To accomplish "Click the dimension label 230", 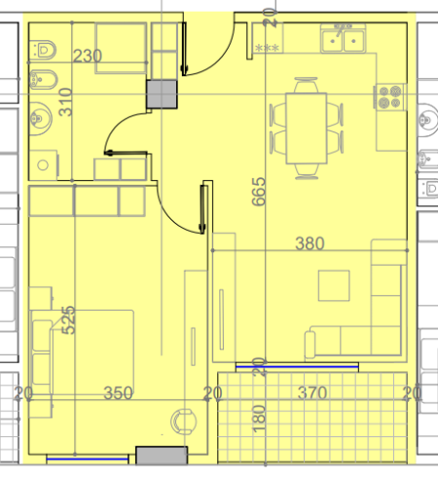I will [x=88, y=56].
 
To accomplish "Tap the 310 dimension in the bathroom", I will [x=65, y=101].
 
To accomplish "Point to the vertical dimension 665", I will [x=258, y=194].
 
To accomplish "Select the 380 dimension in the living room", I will [x=310, y=242].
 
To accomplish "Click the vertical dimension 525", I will [x=69, y=320].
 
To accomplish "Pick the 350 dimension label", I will [x=118, y=393].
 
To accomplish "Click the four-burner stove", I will [x=390, y=96].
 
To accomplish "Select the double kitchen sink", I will [x=344, y=39].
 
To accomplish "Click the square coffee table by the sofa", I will [x=333, y=285].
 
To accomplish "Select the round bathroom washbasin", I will [x=41, y=116].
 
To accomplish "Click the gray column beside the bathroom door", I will [x=162, y=93].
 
